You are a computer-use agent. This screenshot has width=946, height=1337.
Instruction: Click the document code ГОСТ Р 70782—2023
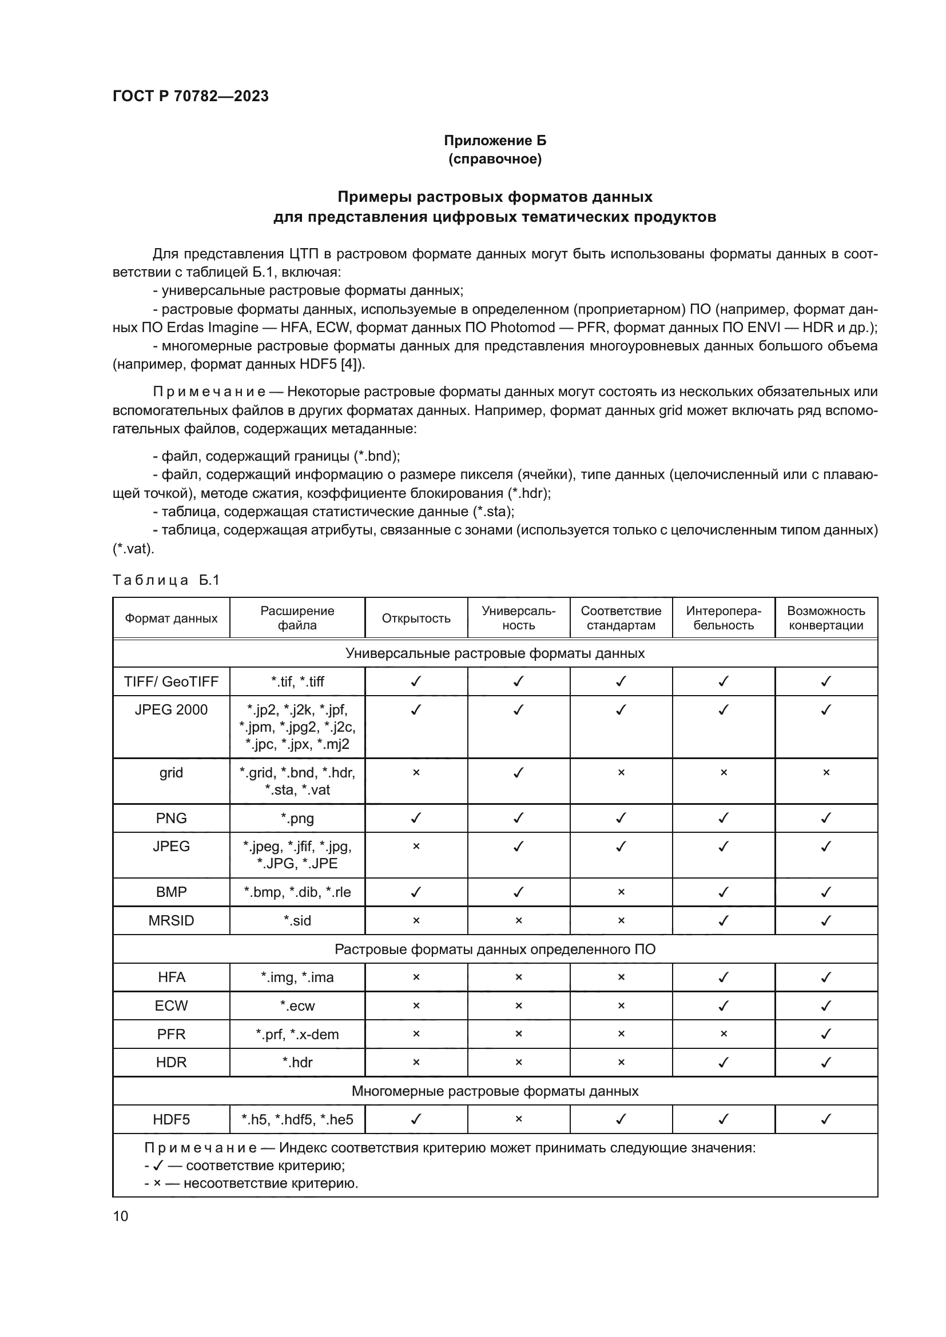pos(190,96)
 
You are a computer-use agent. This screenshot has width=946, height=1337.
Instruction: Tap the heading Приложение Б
pos(495,141)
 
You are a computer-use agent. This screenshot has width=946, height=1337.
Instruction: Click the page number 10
pos(121,1216)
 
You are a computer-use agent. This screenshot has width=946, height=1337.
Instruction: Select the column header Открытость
pos(416,618)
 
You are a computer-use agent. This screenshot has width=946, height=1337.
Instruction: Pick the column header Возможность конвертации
pos(825,618)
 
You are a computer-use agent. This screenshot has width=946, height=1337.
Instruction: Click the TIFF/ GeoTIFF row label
pos(170,681)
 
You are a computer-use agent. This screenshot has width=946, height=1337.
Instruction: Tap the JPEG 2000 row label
pos(170,710)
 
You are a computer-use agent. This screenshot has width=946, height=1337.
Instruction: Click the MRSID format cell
pos(170,921)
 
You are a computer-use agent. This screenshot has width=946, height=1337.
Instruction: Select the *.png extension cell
pos(297,818)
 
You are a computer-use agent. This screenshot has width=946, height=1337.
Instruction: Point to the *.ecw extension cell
pos(297,1005)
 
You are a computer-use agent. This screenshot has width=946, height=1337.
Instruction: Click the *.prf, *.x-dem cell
pos(297,1034)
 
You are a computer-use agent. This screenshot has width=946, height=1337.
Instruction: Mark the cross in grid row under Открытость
pos(416,773)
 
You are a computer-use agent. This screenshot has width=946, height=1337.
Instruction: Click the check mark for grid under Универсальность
pos(518,773)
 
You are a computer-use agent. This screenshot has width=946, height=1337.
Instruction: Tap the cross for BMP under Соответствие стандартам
pos(621,892)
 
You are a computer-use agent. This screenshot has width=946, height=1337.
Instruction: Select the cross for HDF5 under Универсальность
pos(518,1119)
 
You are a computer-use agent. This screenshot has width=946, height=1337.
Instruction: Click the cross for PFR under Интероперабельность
pos(724,1034)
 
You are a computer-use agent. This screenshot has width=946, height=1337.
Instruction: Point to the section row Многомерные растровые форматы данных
pos(495,1091)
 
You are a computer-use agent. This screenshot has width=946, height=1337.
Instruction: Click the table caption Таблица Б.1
pos(166,580)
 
